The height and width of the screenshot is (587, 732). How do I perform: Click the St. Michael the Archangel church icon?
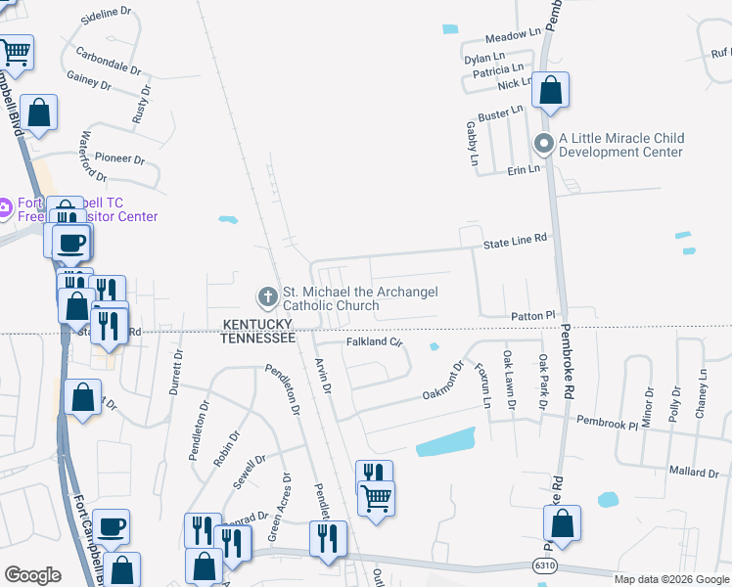pos(265,295)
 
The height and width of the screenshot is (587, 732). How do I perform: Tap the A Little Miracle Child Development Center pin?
pos(544,145)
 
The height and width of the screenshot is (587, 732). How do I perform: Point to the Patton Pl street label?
pos(532,316)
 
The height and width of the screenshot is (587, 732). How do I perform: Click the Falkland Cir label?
pos(375,342)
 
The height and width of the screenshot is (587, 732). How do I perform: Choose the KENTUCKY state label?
pos(258,324)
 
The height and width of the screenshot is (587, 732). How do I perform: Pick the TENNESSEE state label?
pos(257,338)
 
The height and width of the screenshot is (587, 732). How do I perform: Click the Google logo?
pos(32,575)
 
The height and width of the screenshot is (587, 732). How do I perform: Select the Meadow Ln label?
pos(514,35)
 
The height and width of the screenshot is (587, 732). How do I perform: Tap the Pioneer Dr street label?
pos(119,158)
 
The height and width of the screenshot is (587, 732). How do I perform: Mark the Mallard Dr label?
pos(694,472)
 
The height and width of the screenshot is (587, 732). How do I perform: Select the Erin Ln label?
pos(524,169)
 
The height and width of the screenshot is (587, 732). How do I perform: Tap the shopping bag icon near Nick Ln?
pos(552,93)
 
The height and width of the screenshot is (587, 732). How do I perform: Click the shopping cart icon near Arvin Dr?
pos(377,499)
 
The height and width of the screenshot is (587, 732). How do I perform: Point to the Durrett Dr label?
pos(177,372)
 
